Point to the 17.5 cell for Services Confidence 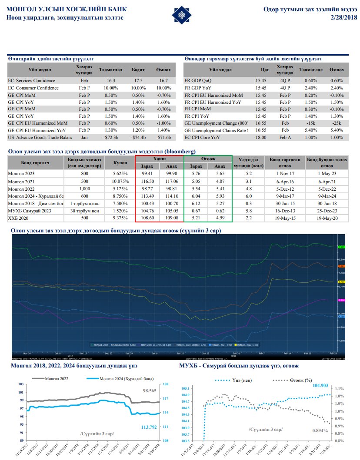tap(138, 80)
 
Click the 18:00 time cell tap(261, 137)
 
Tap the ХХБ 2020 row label tap(18, 218)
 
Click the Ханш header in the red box tap(160, 159)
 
